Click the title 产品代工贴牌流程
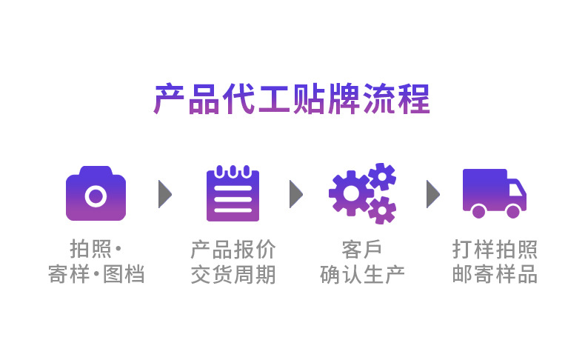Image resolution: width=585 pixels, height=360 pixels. pos(292,99)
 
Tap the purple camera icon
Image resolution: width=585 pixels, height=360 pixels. pos(96,193)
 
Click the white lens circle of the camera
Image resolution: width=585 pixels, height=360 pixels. pos(96,196)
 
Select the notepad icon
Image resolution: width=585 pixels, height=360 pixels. pos(233,193)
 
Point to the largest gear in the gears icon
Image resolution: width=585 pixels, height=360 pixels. pos(350,193)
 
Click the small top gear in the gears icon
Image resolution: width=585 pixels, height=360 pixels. pos(382,176)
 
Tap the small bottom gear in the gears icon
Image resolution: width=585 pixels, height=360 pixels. pos(382,210)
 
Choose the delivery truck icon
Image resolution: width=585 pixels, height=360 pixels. pos(494,193)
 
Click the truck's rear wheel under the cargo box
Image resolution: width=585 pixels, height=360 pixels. pos(478,212)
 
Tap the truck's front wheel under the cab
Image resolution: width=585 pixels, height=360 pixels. pos(512,212)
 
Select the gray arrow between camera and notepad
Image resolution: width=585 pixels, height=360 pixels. pos(164,194)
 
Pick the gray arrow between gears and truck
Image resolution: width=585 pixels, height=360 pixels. pos(432,194)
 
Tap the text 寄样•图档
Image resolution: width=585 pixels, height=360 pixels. pos(96,275)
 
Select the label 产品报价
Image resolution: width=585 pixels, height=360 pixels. pos(233,249)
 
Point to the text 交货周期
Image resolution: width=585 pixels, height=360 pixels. pos(233,275)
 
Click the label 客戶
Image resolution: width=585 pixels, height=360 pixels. pos(362,249)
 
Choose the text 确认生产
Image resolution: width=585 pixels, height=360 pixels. pos(362,275)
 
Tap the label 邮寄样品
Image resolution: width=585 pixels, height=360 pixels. pos(495,275)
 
